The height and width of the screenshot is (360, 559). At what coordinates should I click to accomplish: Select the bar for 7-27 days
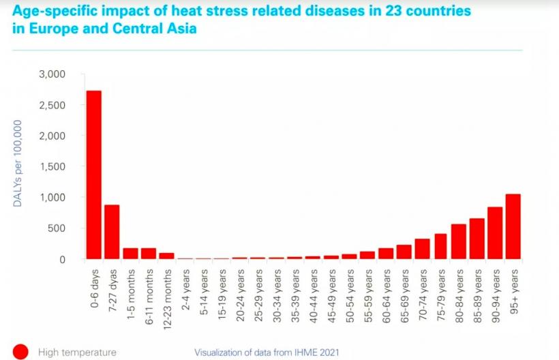(x=112, y=232)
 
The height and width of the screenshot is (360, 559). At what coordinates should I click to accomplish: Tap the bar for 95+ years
(x=513, y=226)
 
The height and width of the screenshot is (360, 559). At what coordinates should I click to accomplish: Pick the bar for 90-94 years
(x=495, y=233)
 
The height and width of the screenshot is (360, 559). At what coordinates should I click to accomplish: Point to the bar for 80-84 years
(x=458, y=242)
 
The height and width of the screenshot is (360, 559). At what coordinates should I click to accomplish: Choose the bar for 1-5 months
(x=130, y=254)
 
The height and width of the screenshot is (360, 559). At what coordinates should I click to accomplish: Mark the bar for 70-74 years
(x=422, y=249)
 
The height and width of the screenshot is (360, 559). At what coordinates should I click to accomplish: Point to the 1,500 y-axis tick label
(x=54, y=167)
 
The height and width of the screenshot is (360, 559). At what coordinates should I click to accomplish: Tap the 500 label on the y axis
(x=58, y=228)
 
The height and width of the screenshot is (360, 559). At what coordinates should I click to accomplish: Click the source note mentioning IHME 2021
(x=267, y=352)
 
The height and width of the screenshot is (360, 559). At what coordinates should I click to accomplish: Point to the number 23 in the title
(x=383, y=12)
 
